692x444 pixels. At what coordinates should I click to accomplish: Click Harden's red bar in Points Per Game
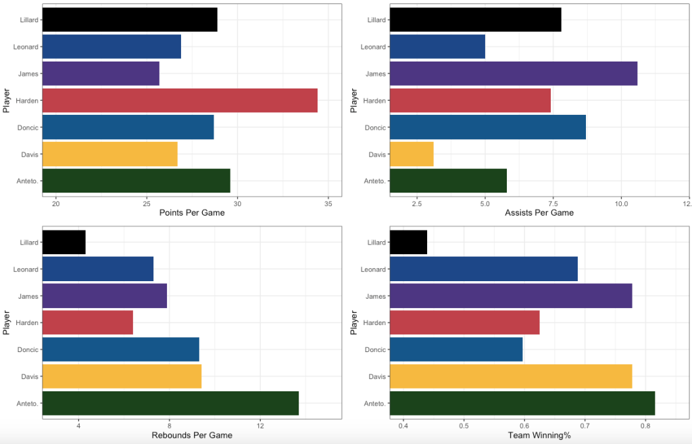pos(180,101)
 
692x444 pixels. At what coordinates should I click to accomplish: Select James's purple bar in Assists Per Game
pos(514,74)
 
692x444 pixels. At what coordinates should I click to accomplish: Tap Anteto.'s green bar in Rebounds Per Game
pos(170,403)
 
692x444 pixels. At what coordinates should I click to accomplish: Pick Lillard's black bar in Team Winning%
pos(408,242)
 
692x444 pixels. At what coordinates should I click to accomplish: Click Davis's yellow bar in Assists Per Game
pos(412,154)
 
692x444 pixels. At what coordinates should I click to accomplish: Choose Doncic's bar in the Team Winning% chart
pos(456,349)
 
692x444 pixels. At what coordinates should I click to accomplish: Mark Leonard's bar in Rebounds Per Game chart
pos(98,269)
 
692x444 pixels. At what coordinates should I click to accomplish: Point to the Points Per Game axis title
pos(192,213)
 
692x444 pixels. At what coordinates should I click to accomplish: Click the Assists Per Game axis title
pos(539,213)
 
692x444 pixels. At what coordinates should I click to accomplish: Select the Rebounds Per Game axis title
pos(192,435)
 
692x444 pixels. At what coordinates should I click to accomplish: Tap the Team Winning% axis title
pos(539,435)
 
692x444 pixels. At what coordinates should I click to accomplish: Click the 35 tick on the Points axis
pos(328,203)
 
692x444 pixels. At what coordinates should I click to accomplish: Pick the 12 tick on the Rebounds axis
pos(260,425)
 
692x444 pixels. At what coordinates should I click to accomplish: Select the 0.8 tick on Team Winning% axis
pos(645,425)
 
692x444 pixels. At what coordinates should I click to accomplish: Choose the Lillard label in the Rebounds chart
pos(26,242)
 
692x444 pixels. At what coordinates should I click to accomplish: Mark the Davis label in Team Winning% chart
pos(376,376)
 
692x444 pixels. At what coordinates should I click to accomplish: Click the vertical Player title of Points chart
pos(7,101)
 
